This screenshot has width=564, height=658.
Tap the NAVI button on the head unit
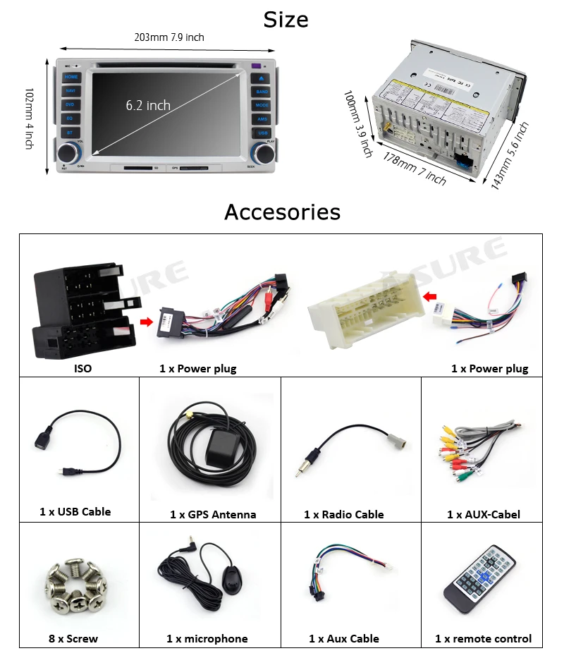point(71,91)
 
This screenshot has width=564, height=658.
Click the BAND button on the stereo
point(262,92)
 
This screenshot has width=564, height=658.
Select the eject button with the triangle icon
point(262,78)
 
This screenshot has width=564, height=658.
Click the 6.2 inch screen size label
point(148,105)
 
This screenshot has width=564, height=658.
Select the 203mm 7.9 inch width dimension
point(169,37)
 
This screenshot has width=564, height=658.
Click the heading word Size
point(286,19)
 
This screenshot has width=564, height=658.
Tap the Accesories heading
point(282,212)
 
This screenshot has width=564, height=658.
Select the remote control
point(479,578)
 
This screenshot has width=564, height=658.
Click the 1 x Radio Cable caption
point(344,515)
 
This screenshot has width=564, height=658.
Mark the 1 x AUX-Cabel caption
point(484,515)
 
